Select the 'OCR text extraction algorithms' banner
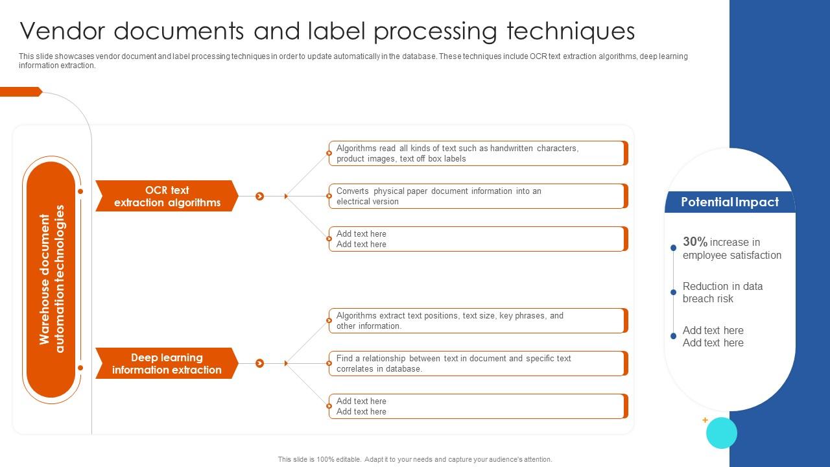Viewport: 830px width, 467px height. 167,196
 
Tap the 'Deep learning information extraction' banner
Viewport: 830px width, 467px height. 167,363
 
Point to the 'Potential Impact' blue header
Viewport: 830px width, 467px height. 729,202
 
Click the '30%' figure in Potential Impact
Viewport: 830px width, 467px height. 694,242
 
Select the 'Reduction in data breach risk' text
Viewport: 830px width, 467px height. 722,293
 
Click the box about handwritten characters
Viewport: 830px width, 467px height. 477,154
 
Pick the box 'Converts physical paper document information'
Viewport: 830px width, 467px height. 477,196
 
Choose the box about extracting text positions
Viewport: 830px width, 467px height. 477,321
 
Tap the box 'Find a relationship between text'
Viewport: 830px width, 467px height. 477,363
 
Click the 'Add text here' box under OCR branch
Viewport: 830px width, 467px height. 477,239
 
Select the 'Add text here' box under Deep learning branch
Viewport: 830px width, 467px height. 477,406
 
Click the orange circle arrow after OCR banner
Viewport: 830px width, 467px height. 259,196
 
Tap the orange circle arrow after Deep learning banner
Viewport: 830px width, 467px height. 259,363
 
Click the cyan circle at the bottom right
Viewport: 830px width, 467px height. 721,433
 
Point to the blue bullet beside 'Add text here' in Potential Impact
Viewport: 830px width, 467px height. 674,336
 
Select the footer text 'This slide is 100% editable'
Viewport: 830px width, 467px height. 415,459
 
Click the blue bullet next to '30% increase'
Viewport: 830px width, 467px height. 674,248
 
